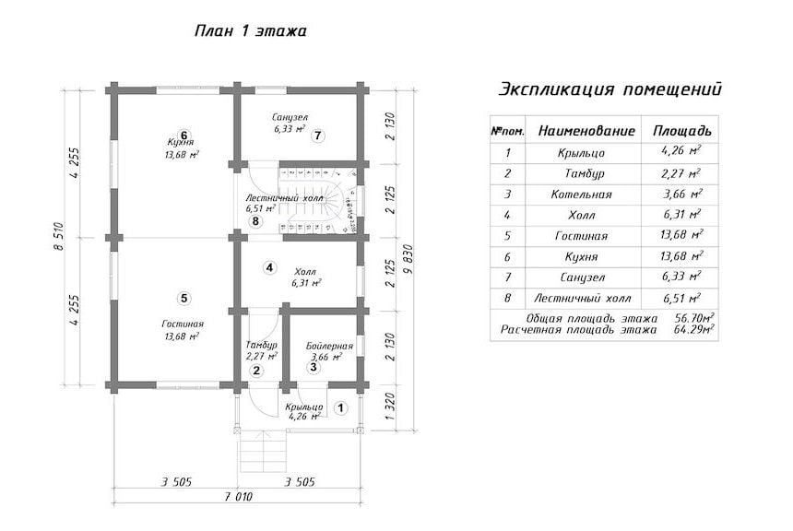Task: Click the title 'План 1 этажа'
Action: (x=250, y=30)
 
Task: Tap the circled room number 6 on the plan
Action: (x=184, y=135)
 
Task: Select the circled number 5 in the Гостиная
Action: (x=184, y=299)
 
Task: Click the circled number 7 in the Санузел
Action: (x=317, y=136)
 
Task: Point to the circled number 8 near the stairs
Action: (x=256, y=221)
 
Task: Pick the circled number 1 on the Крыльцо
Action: (x=341, y=407)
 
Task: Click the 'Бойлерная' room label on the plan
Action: (x=329, y=347)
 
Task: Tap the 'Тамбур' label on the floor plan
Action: (x=262, y=345)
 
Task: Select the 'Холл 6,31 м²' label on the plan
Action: (x=306, y=277)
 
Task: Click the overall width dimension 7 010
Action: (x=238, y=497)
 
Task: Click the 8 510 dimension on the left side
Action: (x=59, y=236)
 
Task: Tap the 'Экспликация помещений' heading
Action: (x=610, y=89)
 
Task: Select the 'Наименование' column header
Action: (x=586, y=131)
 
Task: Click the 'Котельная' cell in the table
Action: (x=582, y=195)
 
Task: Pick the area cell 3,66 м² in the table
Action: (x=682, y=195)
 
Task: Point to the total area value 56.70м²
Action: (x=694, y=318)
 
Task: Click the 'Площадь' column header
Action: (x=682, y=131)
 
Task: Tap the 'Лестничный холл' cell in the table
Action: (x=583, y=299)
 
